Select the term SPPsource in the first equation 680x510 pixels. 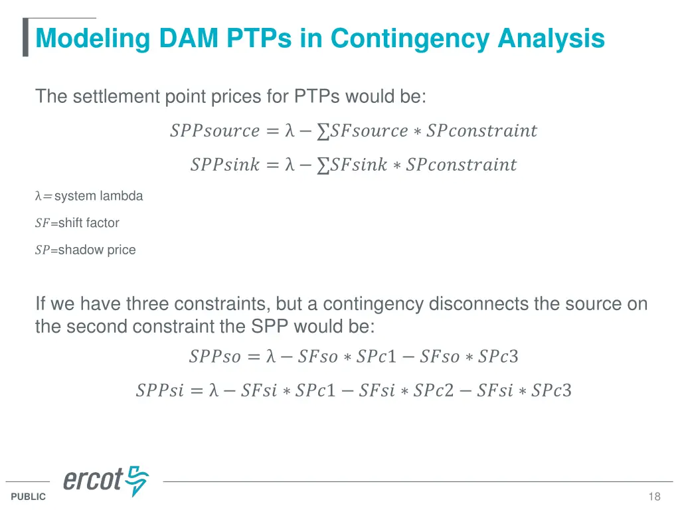[214, 131]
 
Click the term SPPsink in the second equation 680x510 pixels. [224, 165]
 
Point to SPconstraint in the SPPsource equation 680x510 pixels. [481, 131]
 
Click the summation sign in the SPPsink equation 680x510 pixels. [323, 165]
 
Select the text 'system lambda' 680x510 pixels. [98, 196]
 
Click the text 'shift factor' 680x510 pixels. [88, 223]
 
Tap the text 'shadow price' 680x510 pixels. [97, 250]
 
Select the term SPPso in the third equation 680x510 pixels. [214, 357]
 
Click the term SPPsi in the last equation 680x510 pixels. [159, 390]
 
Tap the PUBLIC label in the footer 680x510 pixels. [29, 497]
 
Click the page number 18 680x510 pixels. [654, 497]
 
